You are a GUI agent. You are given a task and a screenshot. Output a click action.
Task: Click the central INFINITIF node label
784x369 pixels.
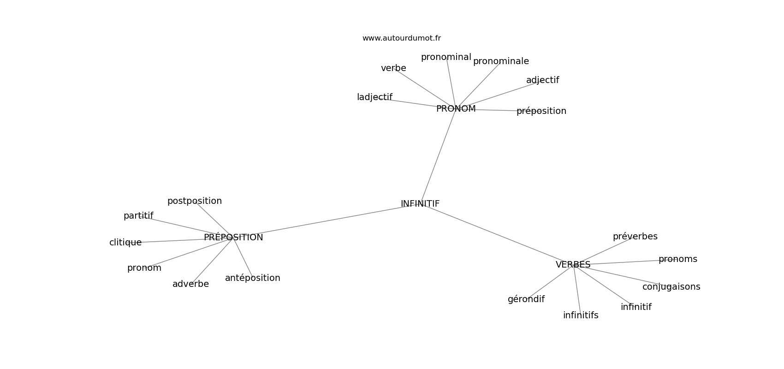420,204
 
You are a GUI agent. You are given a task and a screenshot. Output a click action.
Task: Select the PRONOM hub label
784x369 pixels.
456,109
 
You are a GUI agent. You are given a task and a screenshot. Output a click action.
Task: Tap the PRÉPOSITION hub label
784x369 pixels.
233,238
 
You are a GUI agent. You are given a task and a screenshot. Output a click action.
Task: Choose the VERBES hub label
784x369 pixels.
573,265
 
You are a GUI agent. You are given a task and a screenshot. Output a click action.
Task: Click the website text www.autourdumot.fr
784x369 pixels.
401,38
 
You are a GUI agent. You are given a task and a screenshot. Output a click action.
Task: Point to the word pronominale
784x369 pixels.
501,61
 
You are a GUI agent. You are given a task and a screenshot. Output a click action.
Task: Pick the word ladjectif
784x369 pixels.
374,97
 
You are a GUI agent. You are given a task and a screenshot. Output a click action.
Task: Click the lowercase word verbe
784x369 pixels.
393,68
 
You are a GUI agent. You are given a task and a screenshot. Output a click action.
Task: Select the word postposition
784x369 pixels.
194,201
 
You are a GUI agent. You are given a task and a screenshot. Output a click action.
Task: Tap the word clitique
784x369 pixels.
125,243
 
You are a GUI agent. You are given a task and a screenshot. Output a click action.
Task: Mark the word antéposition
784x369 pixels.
252,278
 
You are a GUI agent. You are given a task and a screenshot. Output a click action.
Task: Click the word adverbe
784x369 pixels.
190,284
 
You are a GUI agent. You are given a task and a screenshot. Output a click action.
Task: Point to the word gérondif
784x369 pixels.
526,299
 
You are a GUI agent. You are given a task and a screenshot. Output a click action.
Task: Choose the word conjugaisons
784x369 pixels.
671,287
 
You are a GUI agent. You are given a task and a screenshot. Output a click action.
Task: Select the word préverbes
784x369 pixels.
635,237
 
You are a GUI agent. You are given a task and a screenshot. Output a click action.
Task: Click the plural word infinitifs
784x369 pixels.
581,315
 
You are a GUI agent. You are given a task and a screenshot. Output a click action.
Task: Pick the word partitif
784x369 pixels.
138,216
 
